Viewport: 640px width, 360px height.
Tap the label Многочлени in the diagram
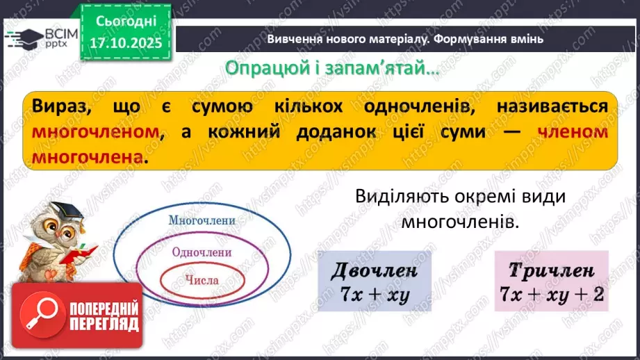pos(202,220)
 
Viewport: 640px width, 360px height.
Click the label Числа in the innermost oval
pos(202,280)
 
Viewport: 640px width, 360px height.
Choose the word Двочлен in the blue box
pos(375,270)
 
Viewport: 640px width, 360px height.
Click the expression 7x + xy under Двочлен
pos(375,294)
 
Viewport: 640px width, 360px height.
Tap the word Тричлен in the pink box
pos(551,270)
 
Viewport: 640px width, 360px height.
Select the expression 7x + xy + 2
pos(551,294)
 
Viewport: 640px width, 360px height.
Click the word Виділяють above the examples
pos(395,197)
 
